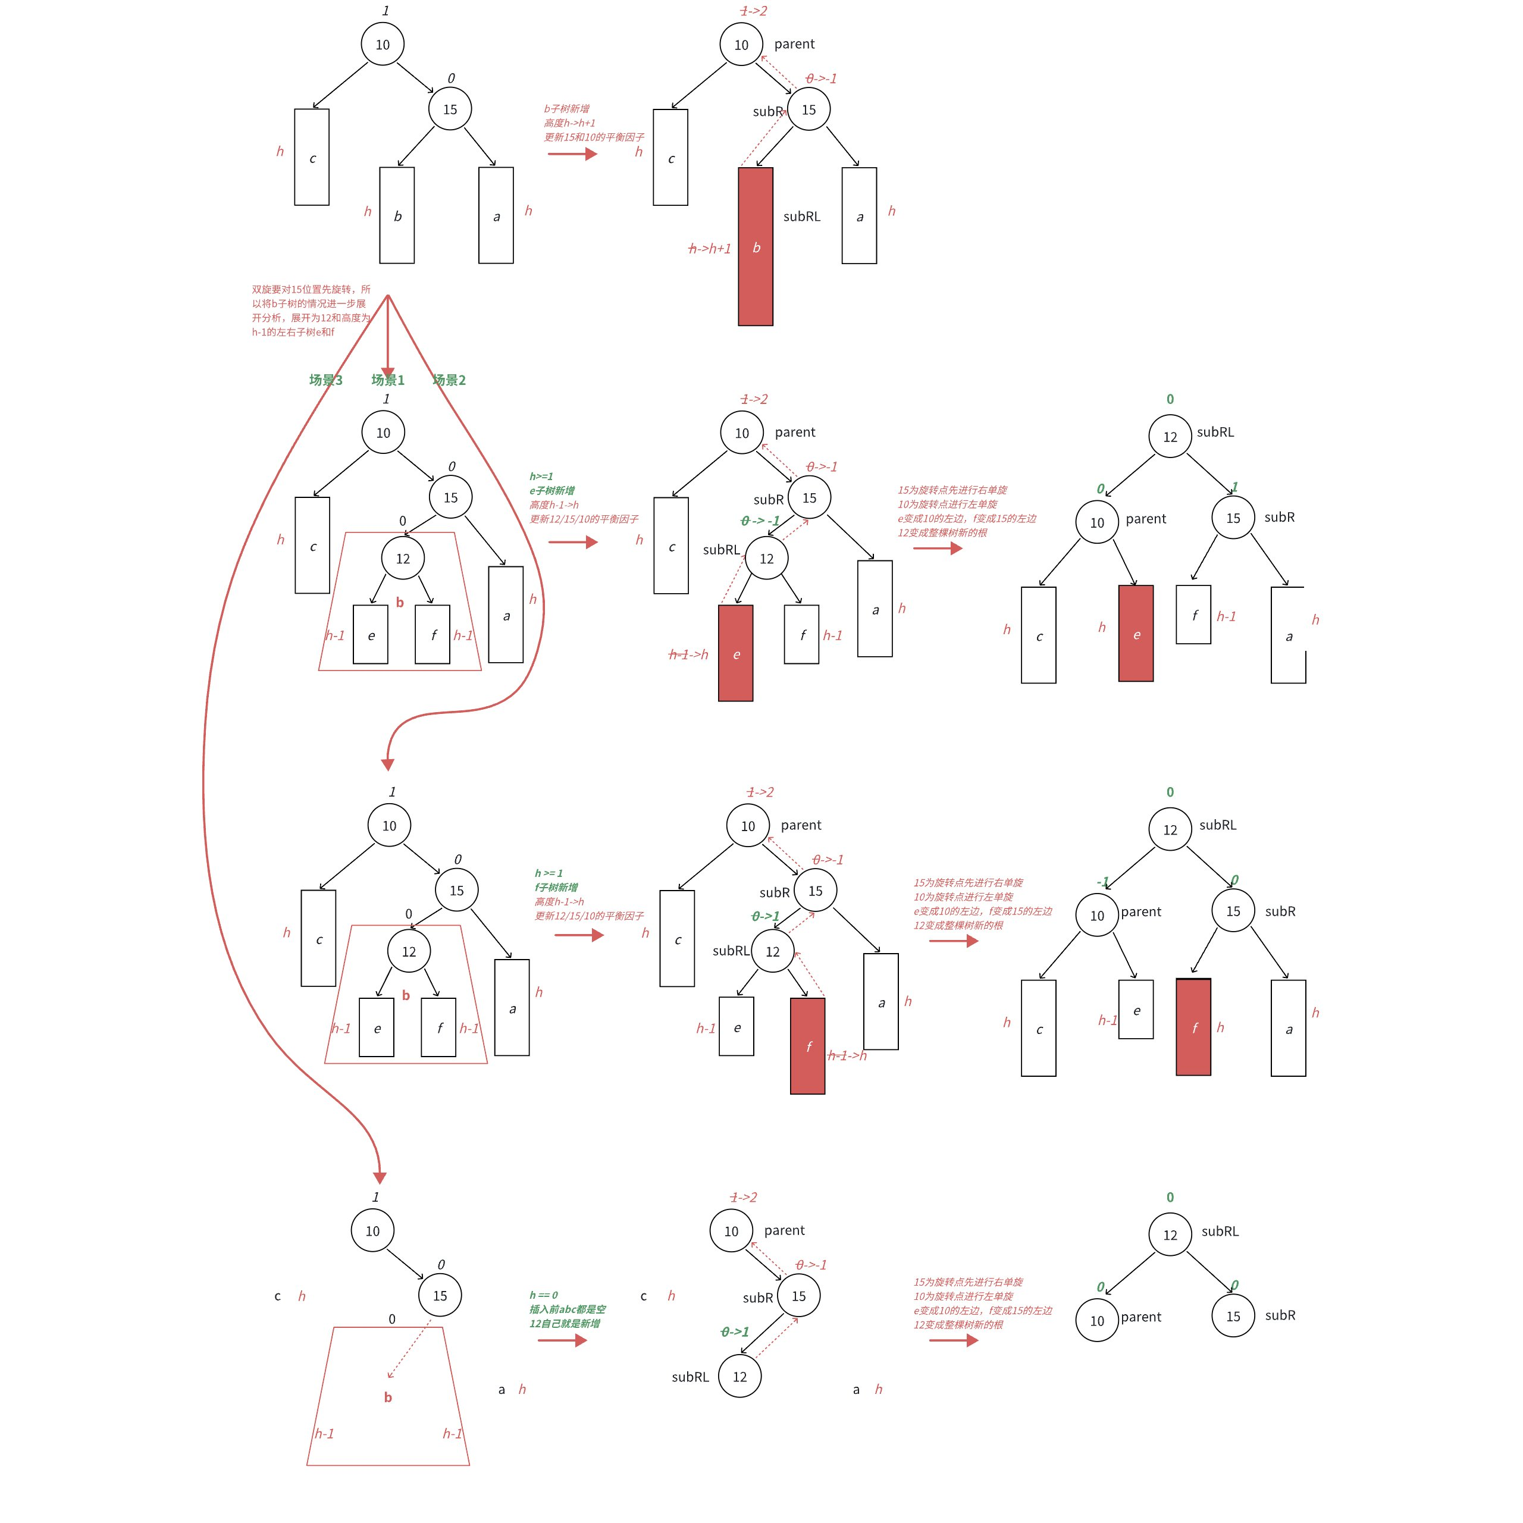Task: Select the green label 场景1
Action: point(388,380)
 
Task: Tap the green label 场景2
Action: point(449,380)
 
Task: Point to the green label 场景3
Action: point(325,380)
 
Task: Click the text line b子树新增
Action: point(566,109)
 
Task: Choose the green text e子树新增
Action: point(552,490)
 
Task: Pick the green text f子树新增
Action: point(556,887)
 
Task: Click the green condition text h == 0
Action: point(543,1295)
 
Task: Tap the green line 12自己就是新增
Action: point(565,1324)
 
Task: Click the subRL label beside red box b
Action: point(802,216)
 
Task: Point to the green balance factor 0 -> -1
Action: point(760,521)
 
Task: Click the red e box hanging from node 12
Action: point(735,653)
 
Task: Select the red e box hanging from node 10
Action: point(1136,633)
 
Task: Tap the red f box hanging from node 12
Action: point(807,1045)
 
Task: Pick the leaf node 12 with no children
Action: point(739,1377)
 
